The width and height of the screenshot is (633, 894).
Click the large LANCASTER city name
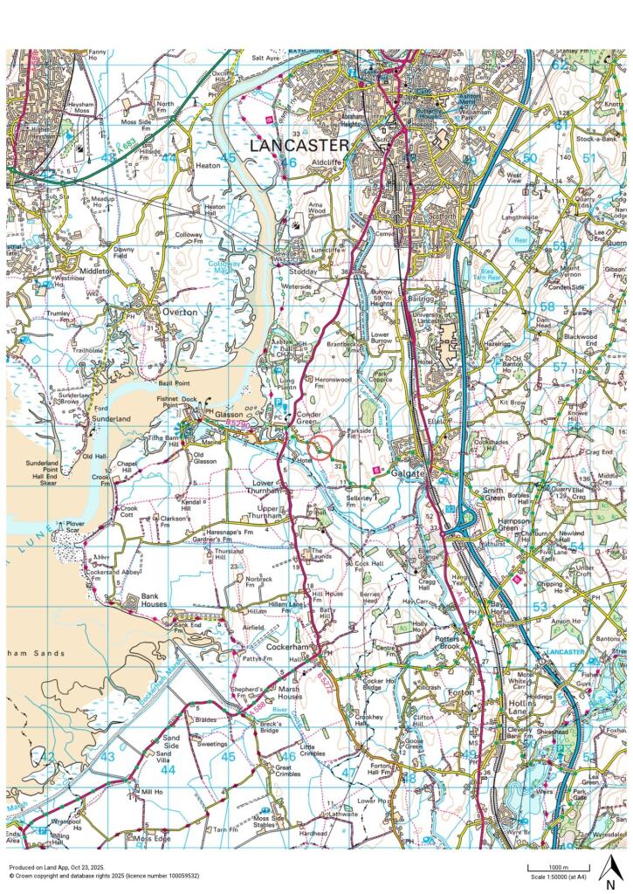click(299, 146)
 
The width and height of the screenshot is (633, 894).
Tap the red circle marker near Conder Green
click(321, 447)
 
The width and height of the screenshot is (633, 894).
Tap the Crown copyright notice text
click(104, 876)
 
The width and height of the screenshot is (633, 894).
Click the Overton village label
click(174, 311)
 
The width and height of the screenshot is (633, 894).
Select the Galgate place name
click(408, 472)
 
